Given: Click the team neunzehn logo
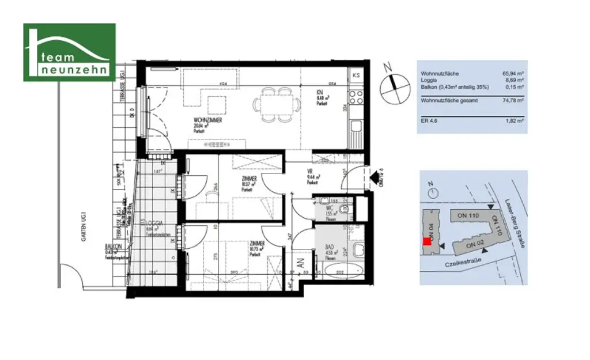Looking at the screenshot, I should [69, 52].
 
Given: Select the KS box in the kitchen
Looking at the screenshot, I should [356, 75].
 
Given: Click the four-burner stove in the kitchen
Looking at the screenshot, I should [356, 95].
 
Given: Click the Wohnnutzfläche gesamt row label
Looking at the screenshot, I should [448, 100].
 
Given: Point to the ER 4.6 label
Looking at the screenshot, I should [429, 121].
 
